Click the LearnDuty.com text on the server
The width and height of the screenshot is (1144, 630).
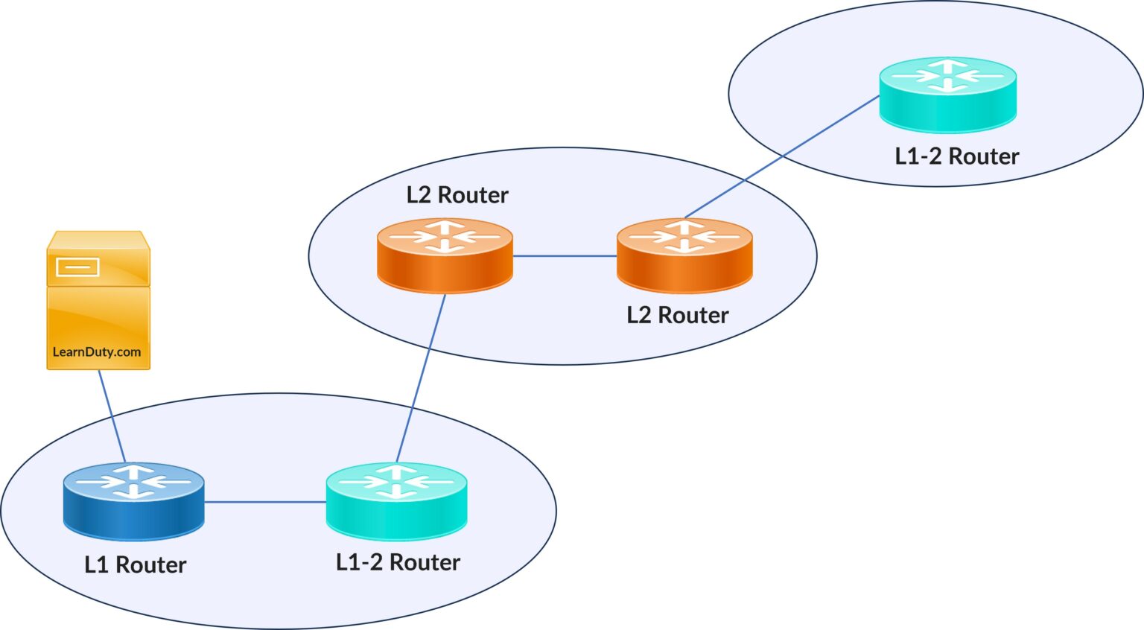click(x=97, y=352)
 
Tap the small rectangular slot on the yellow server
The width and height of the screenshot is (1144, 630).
click(x=77, y=267)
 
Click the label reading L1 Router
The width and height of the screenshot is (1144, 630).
click(x=135, y=565)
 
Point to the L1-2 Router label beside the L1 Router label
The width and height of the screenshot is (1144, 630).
click(x=398, y=562)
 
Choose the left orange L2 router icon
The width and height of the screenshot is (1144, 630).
click(x=445, y=255)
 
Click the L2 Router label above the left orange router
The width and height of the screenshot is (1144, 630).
click(x=457, y=195)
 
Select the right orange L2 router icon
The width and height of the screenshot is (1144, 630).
click(x=684, y=255)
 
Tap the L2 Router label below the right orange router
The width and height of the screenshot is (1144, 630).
click(x=677, y=316)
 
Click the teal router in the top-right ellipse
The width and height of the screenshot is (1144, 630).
click(x=947, y=95)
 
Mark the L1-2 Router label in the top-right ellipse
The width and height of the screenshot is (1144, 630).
click(x=956, y=156)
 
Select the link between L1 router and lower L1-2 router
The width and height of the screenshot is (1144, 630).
click(x=264, y=502)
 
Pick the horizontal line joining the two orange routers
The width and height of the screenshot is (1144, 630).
click(x=565, y=256)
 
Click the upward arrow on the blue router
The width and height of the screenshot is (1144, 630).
click(x=134, y=471)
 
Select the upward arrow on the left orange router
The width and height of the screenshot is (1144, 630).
click(x=445, y=226)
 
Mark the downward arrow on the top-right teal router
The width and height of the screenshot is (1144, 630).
click(x=947, y=86)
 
